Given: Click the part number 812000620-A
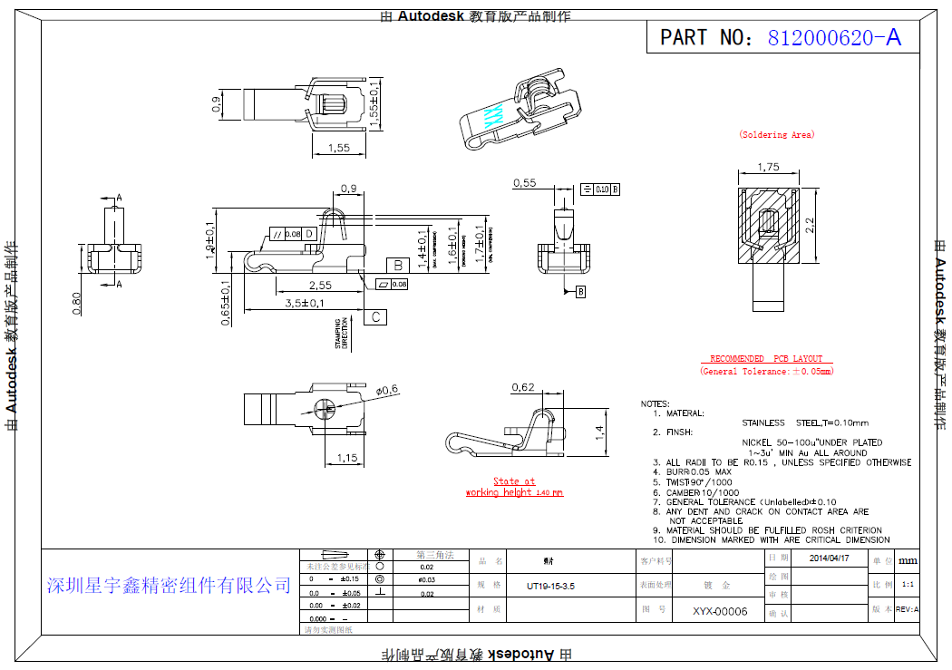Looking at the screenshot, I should click(x=834, y=37).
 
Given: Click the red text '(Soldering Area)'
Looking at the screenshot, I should click(x=777, y=135).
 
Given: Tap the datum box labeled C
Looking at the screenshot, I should click(x=375, y=317).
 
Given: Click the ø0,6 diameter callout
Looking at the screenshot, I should click(x=387, y=390).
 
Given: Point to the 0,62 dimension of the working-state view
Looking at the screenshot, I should click(x=523, y=388).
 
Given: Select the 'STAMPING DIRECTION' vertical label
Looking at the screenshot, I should click(x=342, y=334).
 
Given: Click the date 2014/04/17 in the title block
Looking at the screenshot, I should click(x=829, y=558).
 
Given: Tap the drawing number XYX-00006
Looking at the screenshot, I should click(x=720, y=611).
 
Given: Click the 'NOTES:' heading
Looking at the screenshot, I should click(x=655, y=403).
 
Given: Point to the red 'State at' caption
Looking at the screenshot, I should click(x=514, y=481).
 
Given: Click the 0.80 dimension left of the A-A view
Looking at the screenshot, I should click(x=76, y=303).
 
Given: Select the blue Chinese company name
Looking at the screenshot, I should click(x=169, y=586).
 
